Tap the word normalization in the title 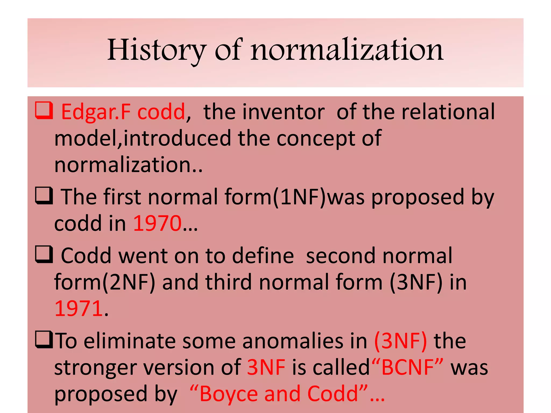point(347,50)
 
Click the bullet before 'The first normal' point(44,196)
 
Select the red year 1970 point(158,223)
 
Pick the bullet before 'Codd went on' point(44,254)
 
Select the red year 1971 point(79,309)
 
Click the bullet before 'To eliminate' point(44,340)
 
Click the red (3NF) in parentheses point(401,341)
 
